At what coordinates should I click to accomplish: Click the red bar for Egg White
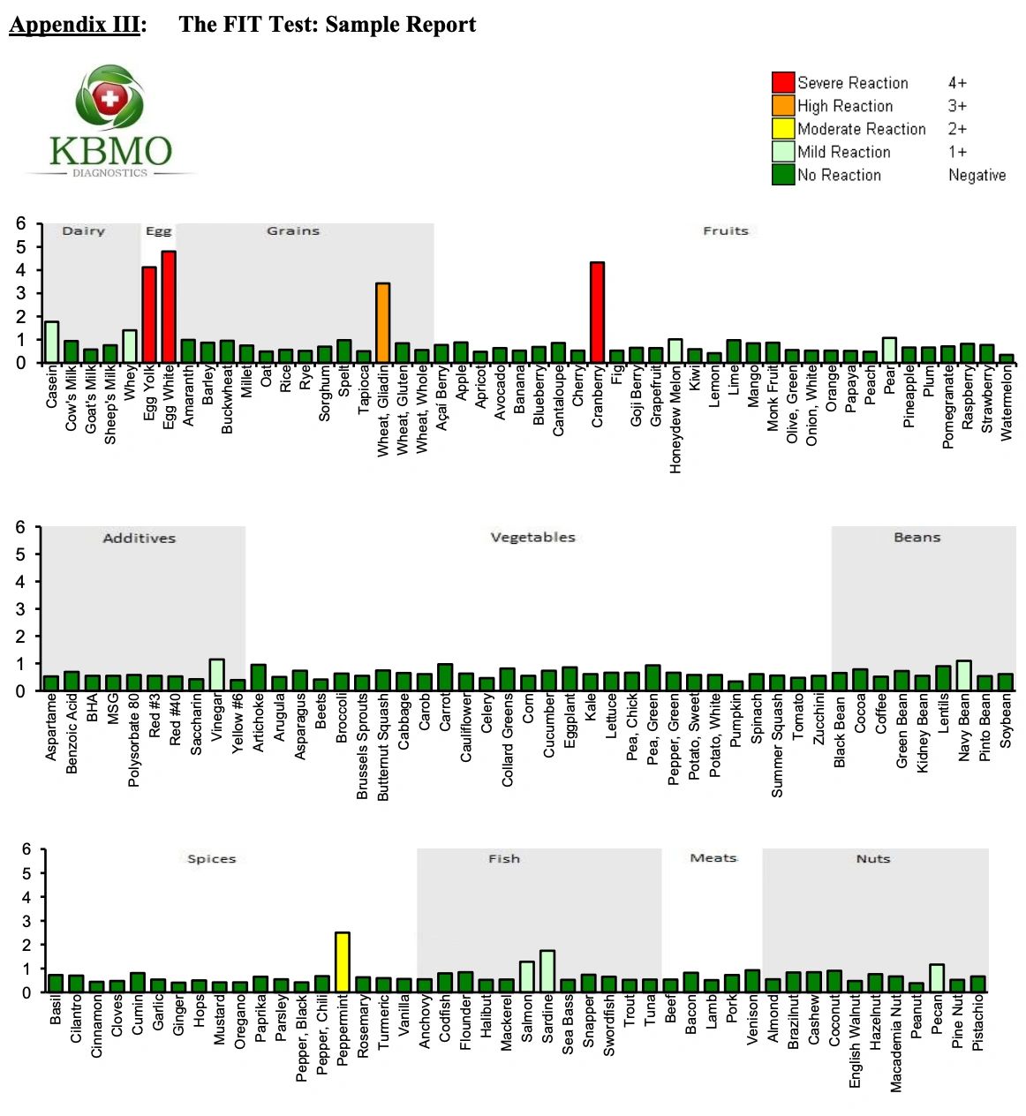pyautogui.click(x=169, y=307)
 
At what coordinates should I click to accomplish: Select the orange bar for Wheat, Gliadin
pyautogui.click(x=382, y=323)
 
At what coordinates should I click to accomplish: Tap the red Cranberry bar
pyautogui.click(x=597, y=313)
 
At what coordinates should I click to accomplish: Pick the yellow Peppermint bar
pyautogui.click(x=343, y=962)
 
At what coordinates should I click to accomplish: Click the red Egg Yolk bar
pyautogui.click(x=149, y=315)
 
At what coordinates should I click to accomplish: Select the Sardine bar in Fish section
pyautogui.click(x=547, y=971)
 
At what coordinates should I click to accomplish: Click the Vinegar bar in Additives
pyautogui.click(x=216, y=675)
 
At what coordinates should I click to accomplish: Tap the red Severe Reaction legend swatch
pyautogui.click(x=783, y=83)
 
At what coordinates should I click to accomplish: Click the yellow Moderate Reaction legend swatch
pyautogui.click(x=783, y=129)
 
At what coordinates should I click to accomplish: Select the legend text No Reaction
pyautogui.click(x=839, y=175)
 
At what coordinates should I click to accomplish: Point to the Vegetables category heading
pyautogui.click(x=532, y=537)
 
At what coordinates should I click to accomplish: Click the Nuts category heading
pyautogui.click(x=872, y=858)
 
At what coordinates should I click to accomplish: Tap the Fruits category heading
pyautogui.click(x=725, y=230)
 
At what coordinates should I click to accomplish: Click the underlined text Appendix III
pyautogui.click(x=75, y=25)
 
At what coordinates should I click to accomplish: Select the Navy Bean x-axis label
pyautogui.click(x=965, y=728)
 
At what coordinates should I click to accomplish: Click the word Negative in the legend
pyautogui.click(x=977, y=175)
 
